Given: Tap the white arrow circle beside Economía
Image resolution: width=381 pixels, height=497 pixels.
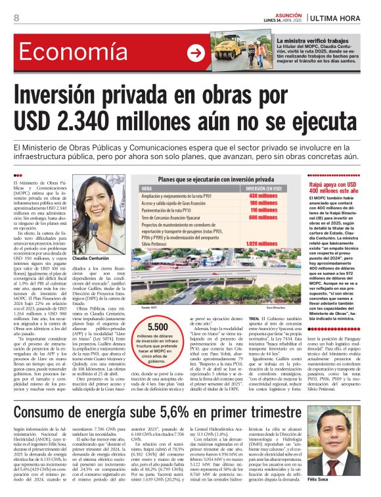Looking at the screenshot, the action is (196, 53).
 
